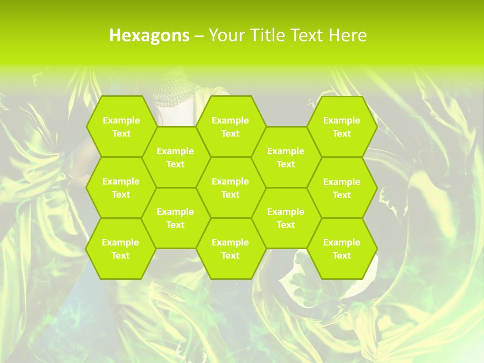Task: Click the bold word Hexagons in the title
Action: coord(149,35)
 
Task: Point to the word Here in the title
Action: coord(347,35)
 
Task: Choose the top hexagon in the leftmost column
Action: coord(121,127)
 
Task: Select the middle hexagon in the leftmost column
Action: coord(121,188)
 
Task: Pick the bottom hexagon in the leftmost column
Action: coord(120,249)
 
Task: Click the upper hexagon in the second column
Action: coord(175,157)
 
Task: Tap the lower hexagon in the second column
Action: coord(175,218)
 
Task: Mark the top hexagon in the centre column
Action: coord(230,127)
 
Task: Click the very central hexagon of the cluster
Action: coord(230,188)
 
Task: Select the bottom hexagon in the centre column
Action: coord(230,249)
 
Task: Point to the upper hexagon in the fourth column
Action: coord(286,157)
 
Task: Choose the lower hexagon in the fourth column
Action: coord(286,218)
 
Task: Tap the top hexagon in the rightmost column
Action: coord(342,127)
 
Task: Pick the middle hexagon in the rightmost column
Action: coord(342,188)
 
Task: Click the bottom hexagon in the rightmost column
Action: coord(342,249)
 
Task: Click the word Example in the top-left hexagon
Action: coord(121,120)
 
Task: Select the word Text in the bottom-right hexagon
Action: coord(342,256)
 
